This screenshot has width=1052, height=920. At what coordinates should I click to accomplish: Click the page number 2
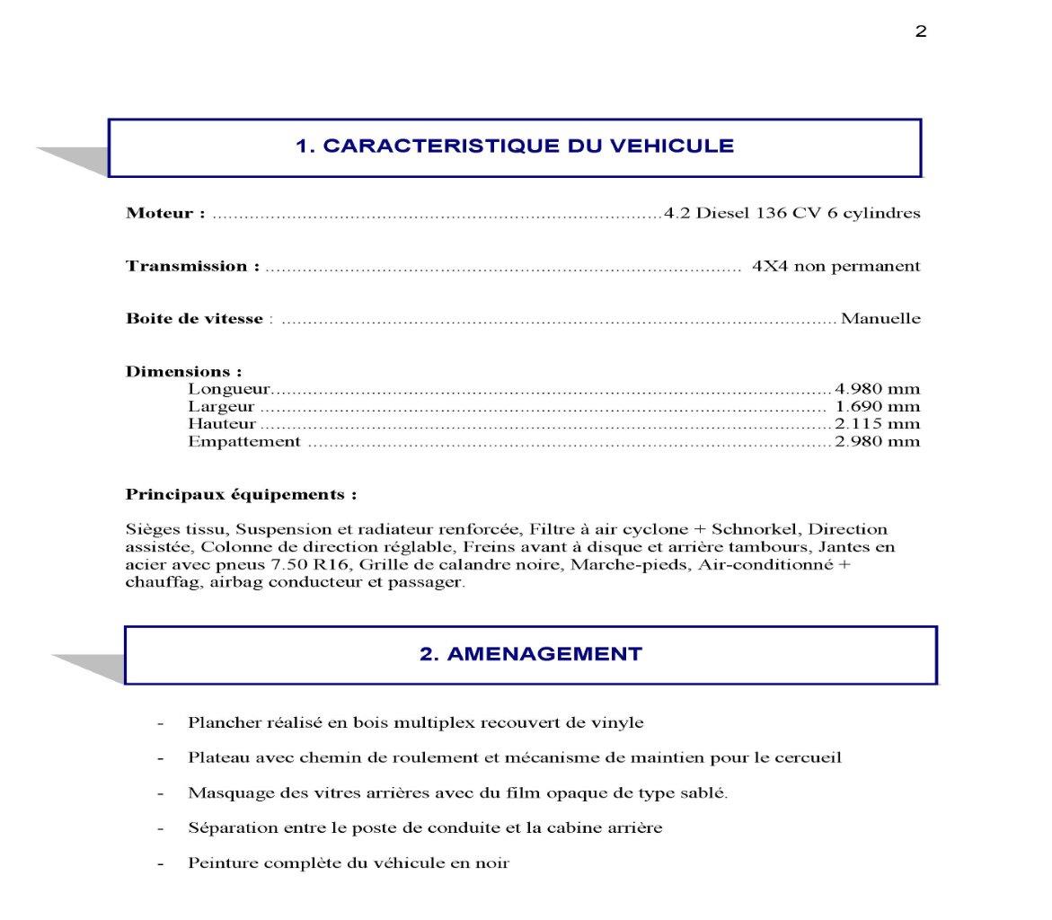[921, 32]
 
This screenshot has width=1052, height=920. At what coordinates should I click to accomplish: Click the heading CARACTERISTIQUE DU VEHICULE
[515, 146]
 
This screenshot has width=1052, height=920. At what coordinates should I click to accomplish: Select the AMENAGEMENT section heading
[530, 654]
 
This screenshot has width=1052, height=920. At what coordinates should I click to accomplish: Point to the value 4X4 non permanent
[835, 267]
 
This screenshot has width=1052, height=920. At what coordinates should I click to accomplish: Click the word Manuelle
[880, 319]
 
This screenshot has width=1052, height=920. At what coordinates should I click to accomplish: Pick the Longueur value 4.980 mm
[877, 389]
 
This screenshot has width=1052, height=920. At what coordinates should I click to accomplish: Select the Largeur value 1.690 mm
[877, 407]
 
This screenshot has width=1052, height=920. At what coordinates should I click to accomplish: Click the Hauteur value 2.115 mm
[877, 424]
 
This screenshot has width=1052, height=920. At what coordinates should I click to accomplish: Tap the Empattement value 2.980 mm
[877, 442]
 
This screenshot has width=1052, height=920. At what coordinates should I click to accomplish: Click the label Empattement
[243, 442]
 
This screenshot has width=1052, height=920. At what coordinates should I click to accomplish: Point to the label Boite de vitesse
[194, 319]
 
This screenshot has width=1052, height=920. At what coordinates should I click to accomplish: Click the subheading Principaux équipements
[241, 495]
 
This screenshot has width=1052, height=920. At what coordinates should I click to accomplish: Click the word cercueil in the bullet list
[809, 757]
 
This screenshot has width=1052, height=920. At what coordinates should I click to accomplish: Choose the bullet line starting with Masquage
[457, 793]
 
